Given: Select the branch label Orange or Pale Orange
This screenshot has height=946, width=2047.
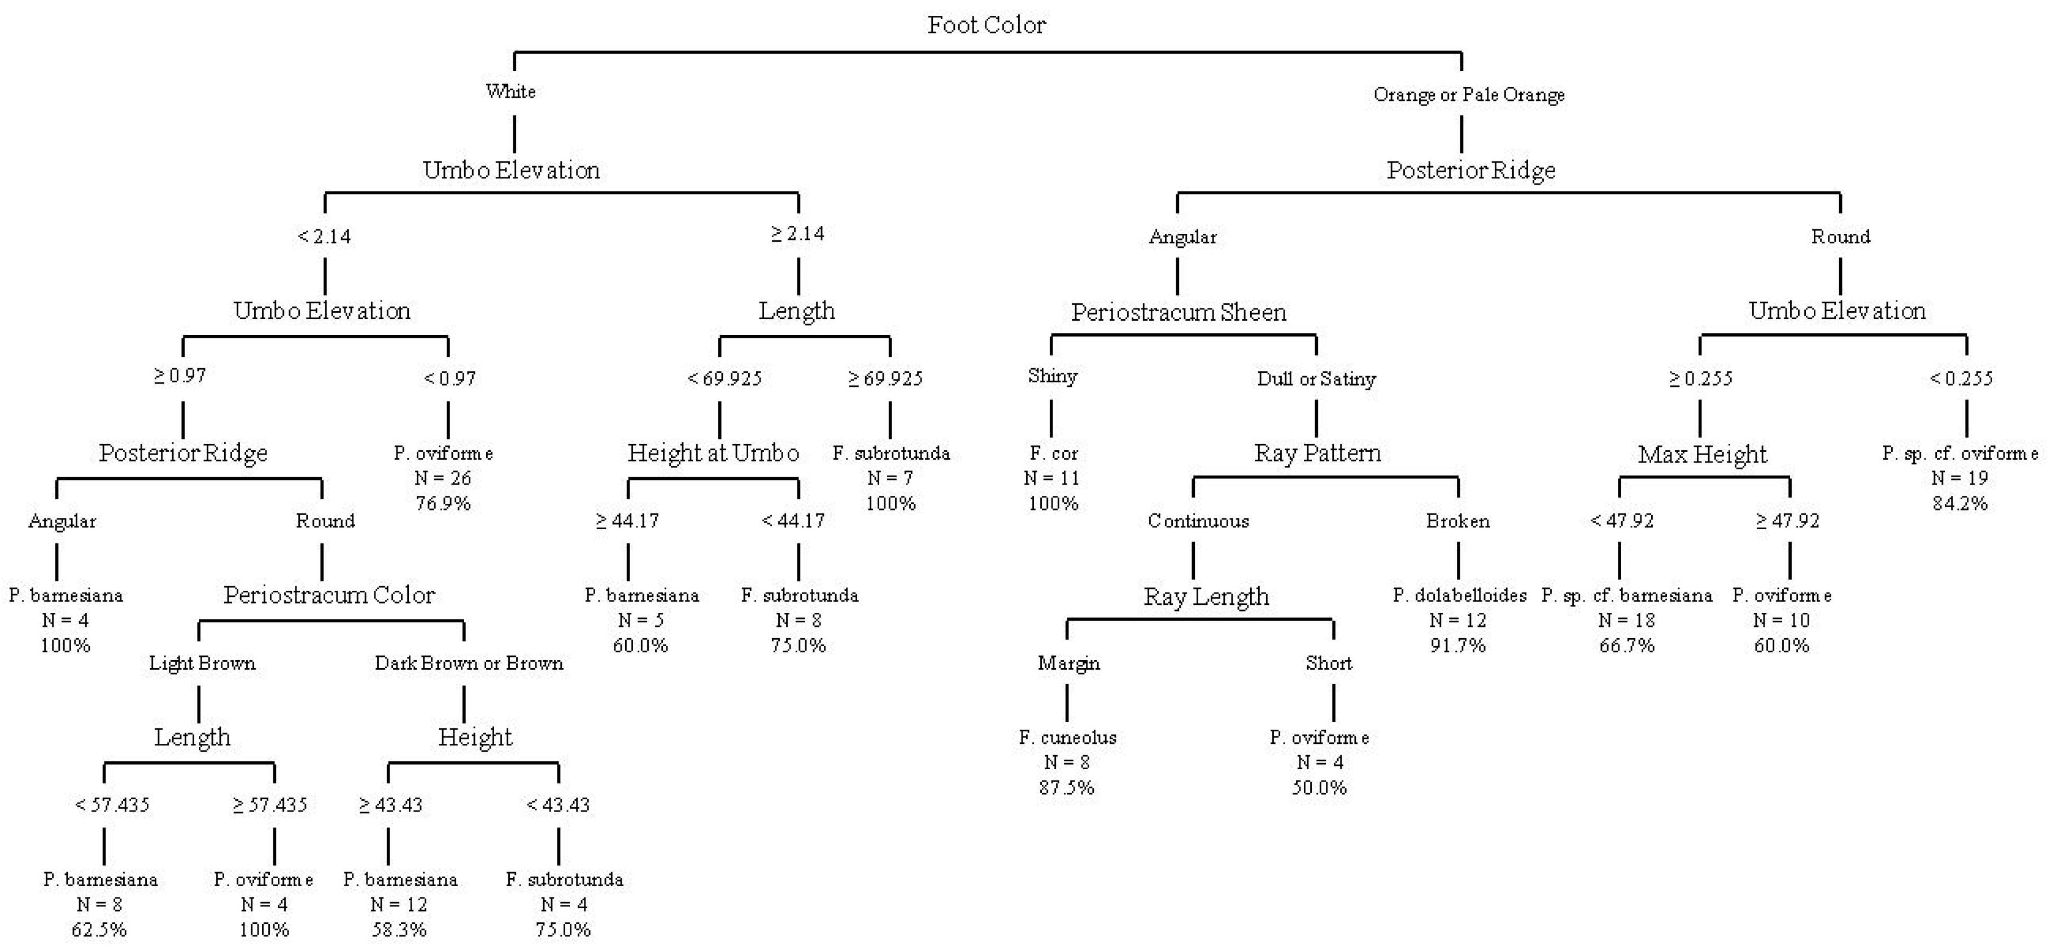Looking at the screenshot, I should coord(1469,95).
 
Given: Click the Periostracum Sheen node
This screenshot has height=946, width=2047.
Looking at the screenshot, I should coord(1179,312).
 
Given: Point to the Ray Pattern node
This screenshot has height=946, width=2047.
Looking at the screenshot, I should coord(1317,453).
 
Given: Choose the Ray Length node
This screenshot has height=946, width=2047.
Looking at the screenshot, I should coord(1206,596).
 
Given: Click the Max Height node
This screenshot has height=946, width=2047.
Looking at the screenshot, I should coord(1702,454).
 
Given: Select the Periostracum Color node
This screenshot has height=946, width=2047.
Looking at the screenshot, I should coord(329,595).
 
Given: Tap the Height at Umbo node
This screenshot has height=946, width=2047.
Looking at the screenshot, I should coord(713,453).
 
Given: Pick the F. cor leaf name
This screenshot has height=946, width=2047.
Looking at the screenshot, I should coord(1053,453).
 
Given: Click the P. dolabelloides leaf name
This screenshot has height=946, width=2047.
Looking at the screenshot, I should coord(1459,595).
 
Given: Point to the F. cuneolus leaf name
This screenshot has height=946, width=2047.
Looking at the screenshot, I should coord(1067,738).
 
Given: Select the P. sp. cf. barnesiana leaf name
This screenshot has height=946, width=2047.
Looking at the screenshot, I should coord(1627,595).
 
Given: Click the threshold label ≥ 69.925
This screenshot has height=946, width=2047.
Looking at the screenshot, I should coord(885,378).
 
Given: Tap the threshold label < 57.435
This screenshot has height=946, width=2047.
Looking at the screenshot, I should coord(112,804).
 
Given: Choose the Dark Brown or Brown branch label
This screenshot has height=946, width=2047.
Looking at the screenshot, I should coord(469,663).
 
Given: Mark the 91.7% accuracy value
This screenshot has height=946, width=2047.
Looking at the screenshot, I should coord(1457,646).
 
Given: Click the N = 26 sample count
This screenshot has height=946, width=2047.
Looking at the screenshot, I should coord(443,478).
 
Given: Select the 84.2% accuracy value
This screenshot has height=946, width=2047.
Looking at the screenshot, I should coord(1959,503).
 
